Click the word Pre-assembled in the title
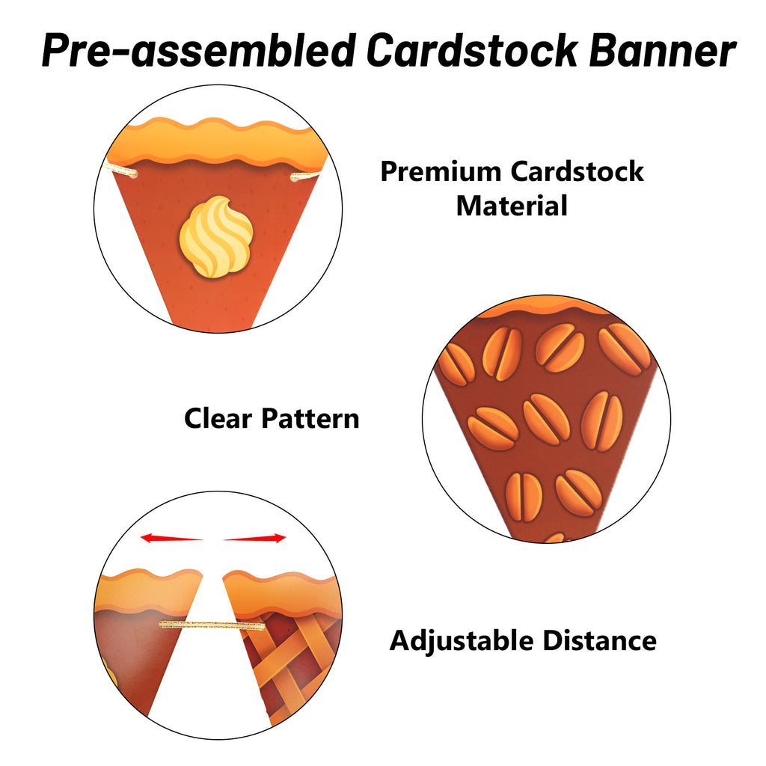199,50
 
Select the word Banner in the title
663,50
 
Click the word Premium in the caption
441,171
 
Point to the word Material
512,206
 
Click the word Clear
218,419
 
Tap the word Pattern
310,419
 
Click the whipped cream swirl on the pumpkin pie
216,237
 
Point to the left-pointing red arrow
171,538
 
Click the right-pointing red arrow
254,539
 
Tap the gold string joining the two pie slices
212,625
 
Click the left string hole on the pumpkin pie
134,174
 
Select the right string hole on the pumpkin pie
295,177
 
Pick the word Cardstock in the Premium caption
577,171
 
